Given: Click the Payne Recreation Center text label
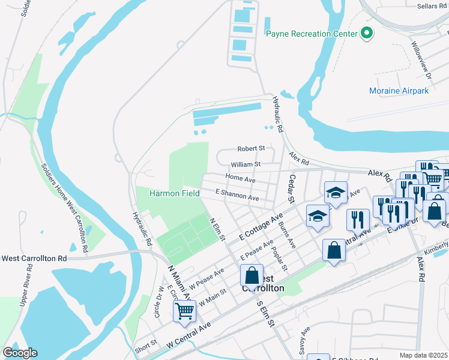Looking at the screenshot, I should [x=311, y=34].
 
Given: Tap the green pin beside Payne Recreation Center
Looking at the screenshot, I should [x=366, y=34].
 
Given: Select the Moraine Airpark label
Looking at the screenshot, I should [x=399, y=91].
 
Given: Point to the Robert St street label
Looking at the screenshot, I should [x=251, y=148].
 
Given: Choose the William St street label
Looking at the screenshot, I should [x=246, y=164].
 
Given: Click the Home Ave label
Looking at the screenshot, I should [x=240, y=178].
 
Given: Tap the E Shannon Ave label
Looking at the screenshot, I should [x=237, y=194].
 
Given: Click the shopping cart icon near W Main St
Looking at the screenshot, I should [x=184, y=310].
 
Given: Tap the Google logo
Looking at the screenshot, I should [x=20, y=353].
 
